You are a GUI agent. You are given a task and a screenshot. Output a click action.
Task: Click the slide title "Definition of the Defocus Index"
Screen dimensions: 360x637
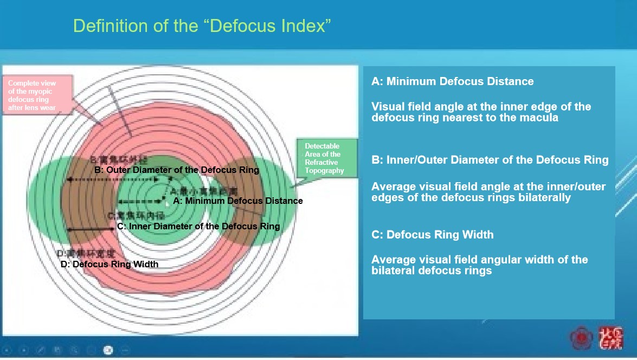[x=202, y=26]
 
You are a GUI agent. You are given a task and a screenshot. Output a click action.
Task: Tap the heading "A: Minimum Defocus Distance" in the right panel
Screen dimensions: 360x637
[x=452, y=82]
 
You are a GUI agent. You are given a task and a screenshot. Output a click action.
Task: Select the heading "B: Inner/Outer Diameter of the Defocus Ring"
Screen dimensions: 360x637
[x=490, y=160]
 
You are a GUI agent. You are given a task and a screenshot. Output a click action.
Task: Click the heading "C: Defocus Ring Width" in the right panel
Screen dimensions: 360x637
[x=432, y=235]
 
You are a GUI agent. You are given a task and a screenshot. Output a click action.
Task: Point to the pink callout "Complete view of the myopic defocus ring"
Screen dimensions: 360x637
[x=37, y=95]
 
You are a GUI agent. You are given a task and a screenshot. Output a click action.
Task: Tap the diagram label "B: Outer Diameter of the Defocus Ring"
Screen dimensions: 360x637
[x=177, y=170]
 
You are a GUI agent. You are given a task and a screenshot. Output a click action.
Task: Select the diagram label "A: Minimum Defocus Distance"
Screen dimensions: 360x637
[x=237, y=201]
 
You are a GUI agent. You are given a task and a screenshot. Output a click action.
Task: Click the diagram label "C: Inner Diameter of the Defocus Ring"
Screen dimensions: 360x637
[x=198, y=226]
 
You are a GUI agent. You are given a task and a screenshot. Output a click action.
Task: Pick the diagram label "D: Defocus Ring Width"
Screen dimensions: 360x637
[x=110, y=264]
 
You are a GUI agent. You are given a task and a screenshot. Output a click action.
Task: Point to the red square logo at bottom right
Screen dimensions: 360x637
[x=611, y=337]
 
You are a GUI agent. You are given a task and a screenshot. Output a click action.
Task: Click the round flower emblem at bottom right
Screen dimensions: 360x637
[x=582, y=338]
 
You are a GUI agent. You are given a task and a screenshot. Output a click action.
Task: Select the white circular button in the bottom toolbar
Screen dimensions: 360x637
[x=108, y=350]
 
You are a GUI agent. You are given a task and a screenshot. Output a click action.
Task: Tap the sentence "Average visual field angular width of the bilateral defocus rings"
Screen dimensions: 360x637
[x=479, y=265]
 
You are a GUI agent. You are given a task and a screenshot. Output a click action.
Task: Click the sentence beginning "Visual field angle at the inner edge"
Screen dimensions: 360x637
[x=481, y=112]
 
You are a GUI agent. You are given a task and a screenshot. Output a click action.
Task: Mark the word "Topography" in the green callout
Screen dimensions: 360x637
[x=324, y=171]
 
